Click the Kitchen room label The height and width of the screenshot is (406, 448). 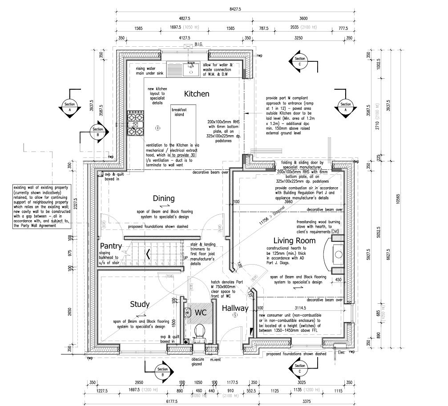tap(197, 94)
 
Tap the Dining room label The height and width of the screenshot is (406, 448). tap(164, 198)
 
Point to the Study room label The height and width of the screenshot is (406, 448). tap(139, 304)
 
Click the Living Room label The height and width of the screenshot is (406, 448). tap(294, 241)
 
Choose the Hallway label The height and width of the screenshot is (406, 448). tap(235, 308)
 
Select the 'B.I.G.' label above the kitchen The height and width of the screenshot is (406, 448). tap(199, 44)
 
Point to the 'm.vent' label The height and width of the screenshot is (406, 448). tap(216, 359)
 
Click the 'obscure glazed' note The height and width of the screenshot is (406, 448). tap(197, 362)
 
